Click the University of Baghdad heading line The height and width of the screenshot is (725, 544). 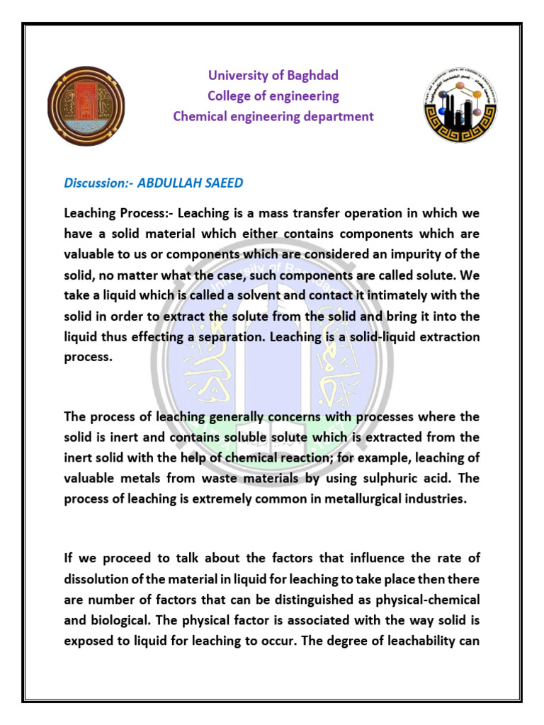(273, 75)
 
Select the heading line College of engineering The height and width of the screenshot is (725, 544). (273, 96)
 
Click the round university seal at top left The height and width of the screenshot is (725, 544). (86, 106)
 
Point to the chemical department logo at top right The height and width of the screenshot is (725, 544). (460, 106)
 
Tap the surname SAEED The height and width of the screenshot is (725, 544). (223, 183)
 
